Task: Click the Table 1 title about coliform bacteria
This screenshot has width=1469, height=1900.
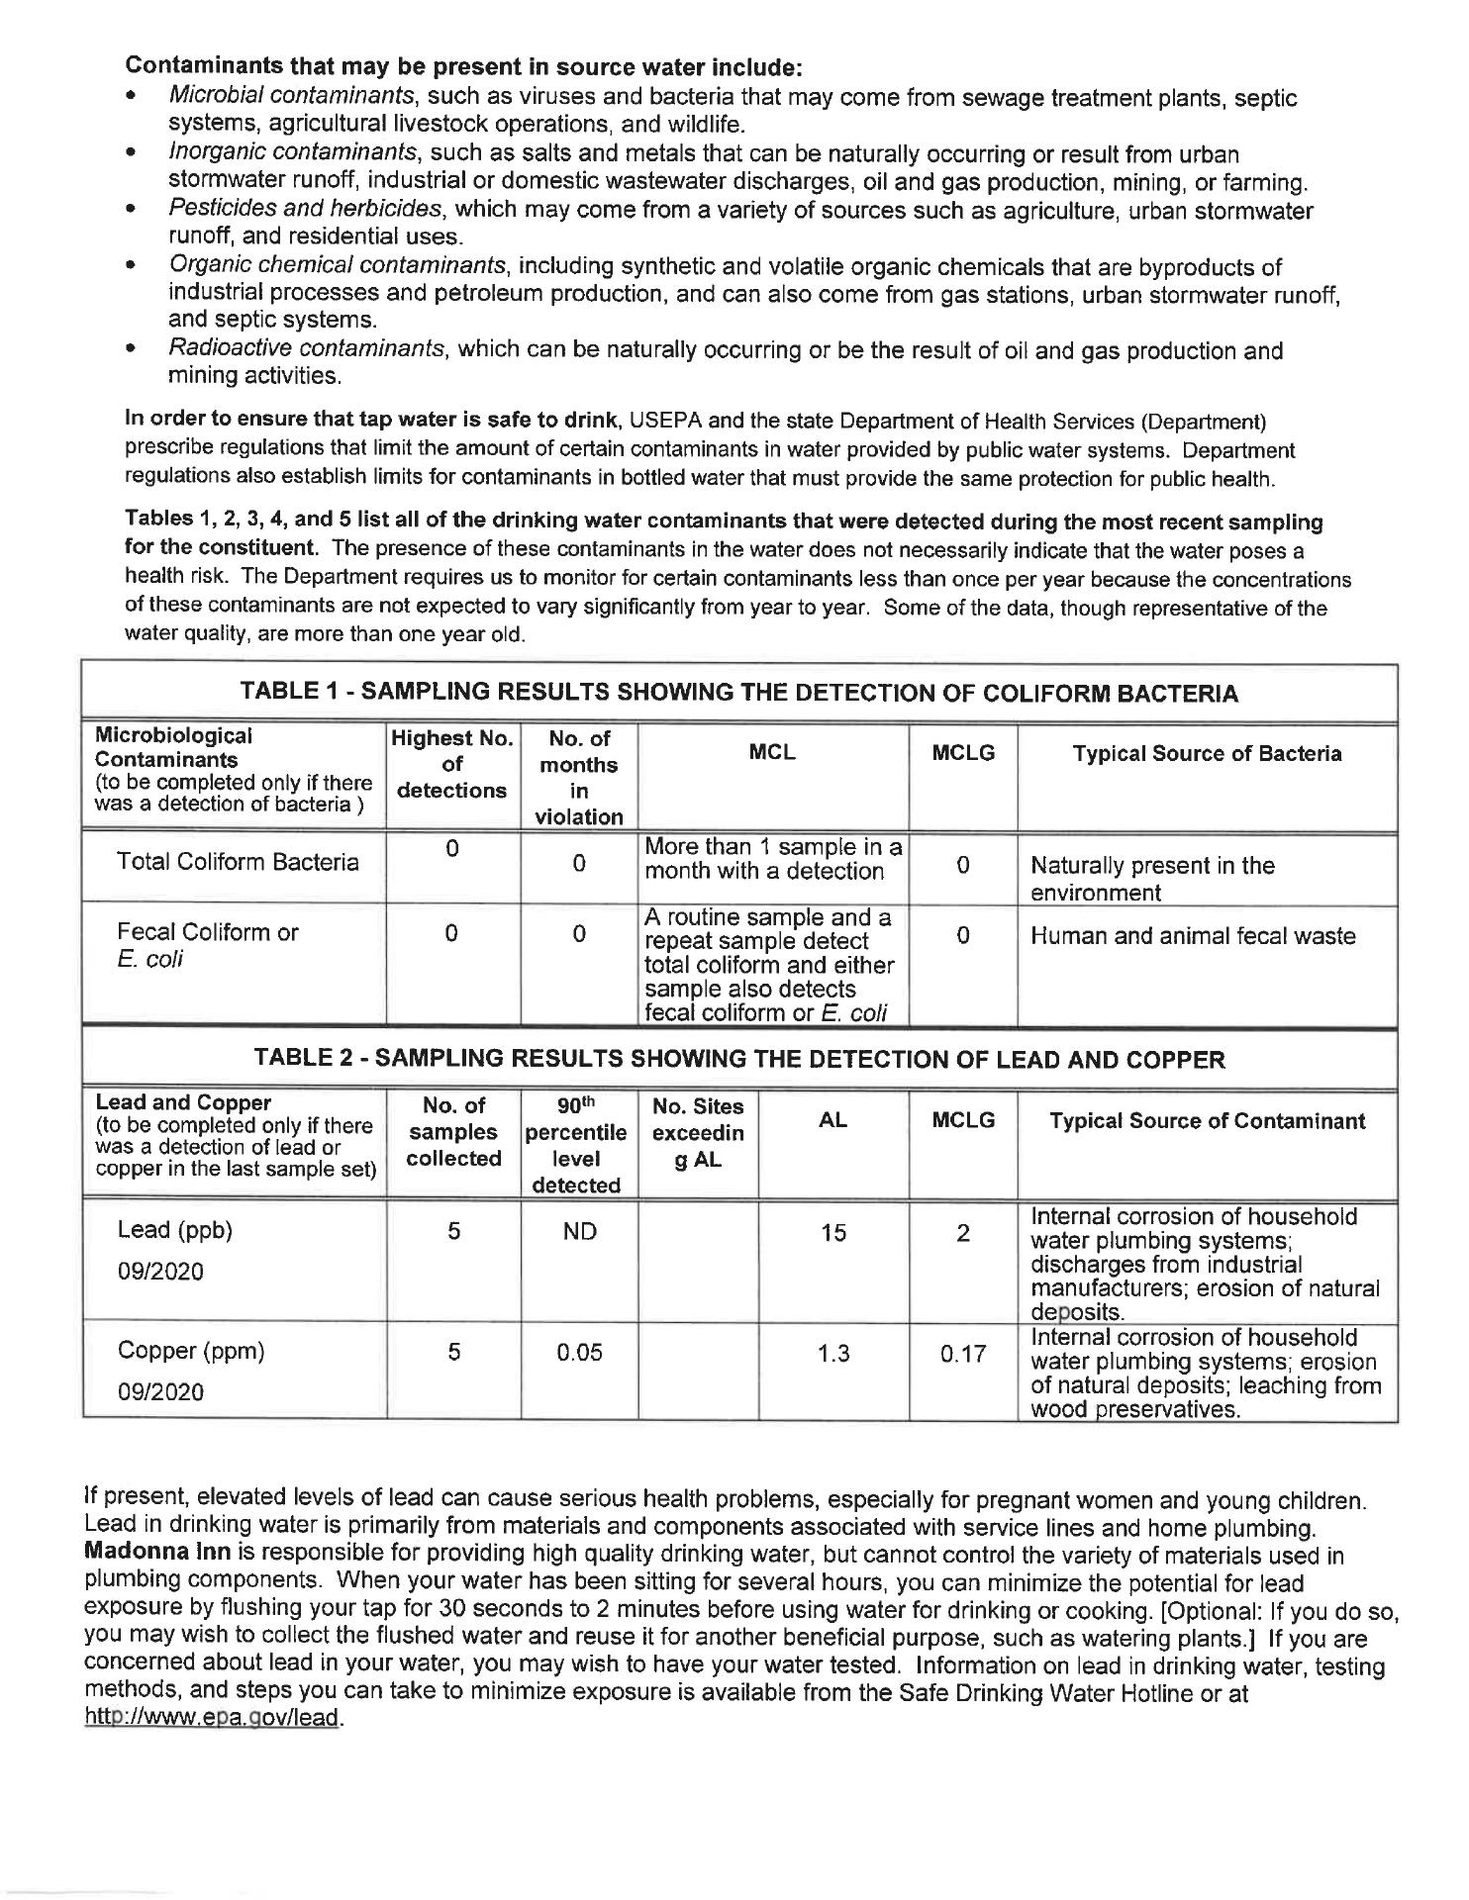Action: (739, 693)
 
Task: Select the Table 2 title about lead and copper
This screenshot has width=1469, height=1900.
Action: (739, 1060)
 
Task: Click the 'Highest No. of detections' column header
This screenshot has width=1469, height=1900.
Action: (452, 764)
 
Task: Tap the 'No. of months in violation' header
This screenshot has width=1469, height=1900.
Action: (579, 777)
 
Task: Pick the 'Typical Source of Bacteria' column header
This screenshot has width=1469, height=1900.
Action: (1207, 754)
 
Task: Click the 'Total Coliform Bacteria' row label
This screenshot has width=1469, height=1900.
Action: (238, 862)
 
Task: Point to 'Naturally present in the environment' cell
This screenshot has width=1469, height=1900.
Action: (1152, 879)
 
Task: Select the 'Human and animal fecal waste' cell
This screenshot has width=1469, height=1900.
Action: (1193, 936)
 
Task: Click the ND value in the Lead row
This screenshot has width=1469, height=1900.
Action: (579, 1232)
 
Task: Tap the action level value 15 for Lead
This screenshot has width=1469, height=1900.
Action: (833, 1232)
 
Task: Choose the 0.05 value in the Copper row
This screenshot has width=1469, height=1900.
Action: (579, 1353)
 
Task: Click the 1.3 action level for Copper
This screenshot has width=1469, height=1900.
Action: (833, 1353)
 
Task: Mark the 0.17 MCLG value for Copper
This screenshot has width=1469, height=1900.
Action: (962, 1354)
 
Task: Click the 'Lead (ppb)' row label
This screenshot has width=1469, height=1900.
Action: (175, 1230)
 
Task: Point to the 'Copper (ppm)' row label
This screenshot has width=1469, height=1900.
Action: (191, 1351)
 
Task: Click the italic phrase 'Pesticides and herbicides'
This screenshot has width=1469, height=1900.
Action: (305, 210)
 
